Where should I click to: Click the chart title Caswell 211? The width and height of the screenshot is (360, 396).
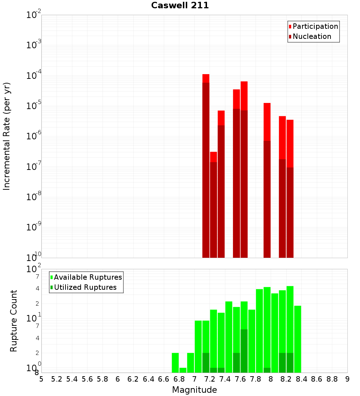[180, 6]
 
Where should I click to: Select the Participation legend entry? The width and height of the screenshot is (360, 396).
[315, 27]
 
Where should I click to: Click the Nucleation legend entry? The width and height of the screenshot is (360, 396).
[312, 37]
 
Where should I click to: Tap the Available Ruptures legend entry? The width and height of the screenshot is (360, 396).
[88, 278]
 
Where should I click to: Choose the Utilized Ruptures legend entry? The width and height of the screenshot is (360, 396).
[85, 288]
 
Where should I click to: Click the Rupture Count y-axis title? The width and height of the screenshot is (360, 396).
[14, 321]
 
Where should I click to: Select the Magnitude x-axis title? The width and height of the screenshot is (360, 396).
[194, 390]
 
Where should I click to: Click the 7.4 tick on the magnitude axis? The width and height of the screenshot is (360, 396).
[225, 379]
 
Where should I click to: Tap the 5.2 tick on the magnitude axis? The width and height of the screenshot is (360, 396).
[57, 379]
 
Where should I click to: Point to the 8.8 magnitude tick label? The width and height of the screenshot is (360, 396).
[332, 379]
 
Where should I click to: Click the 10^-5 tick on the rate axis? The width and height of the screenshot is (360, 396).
[34, 106]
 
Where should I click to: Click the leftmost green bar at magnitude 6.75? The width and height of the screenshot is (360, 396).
[175, 363]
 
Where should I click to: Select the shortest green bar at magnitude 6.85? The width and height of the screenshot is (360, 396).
[183, 370]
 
